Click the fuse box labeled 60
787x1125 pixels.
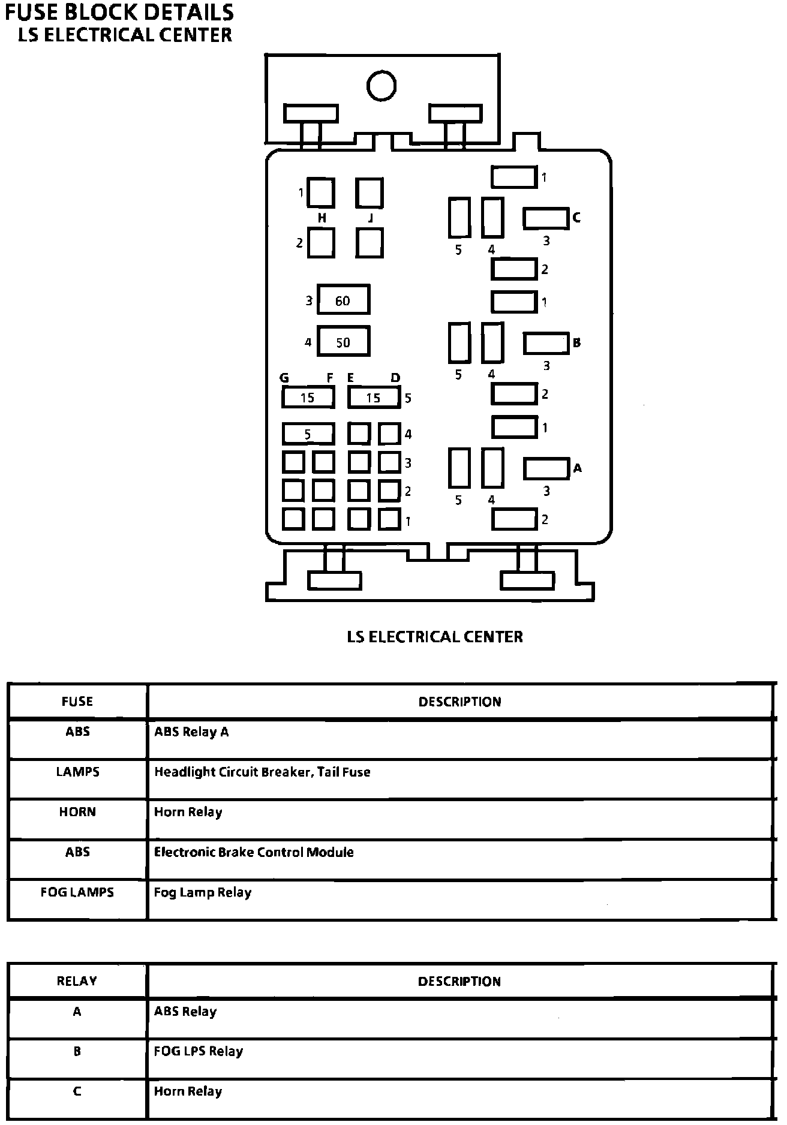[x=343, y=300]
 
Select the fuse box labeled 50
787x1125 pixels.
[x=343, y=342]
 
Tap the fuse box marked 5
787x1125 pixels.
[x=308, y=434]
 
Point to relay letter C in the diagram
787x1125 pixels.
[x=576, y=218]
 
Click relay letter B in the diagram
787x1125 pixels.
[x=576, y=343]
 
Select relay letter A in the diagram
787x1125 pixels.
[x=577, y=468]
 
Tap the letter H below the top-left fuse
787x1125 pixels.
[x=322, y=218]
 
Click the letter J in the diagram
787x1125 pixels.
[x=370, y=218]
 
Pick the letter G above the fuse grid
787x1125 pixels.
[x=284, y=378]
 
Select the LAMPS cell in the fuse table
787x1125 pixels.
[x=77, y=772]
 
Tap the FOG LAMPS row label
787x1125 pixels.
[x=77, y=892]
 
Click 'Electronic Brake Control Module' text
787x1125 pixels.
[x=254, y=852]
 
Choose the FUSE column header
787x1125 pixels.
[x=77, y=701]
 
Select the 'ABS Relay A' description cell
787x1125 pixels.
[x=191, y=732]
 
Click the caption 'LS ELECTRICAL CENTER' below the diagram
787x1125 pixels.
[x=435, y=636]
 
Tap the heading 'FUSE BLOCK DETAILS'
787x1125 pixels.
[x=119, y=12]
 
